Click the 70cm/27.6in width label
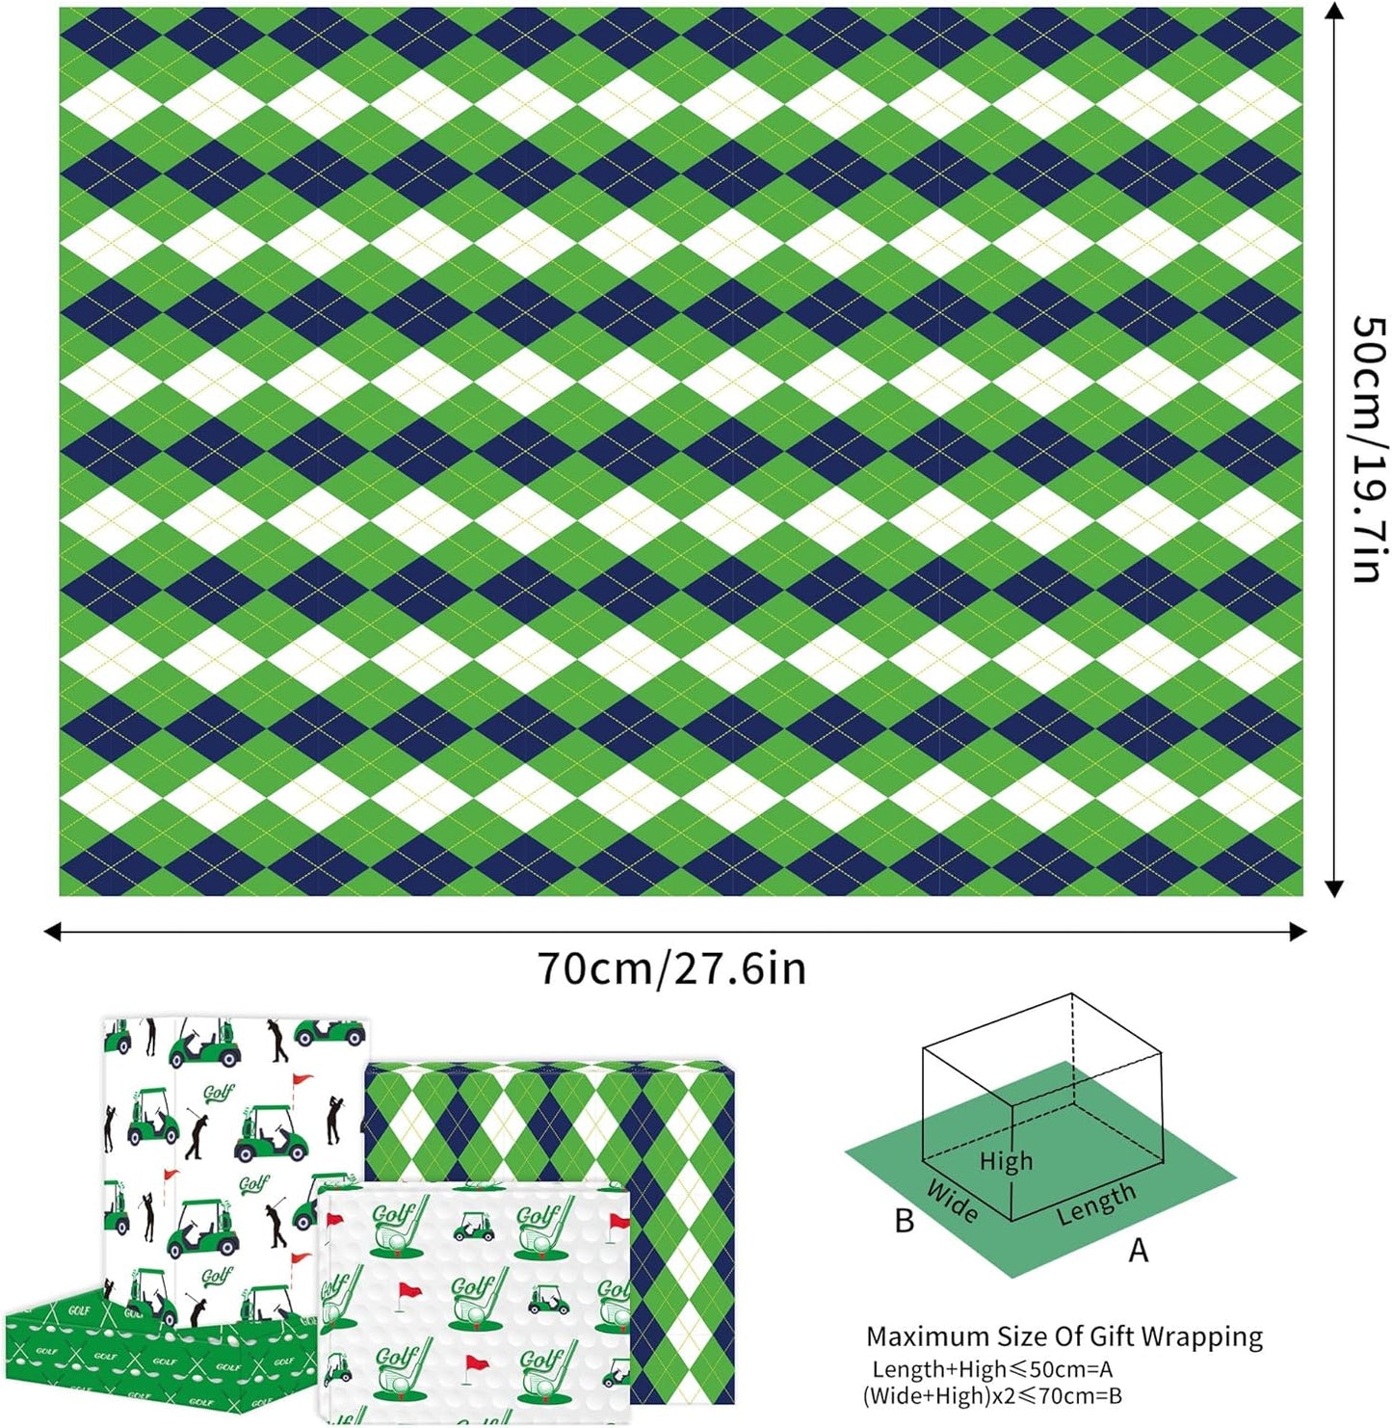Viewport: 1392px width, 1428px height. [671, 967]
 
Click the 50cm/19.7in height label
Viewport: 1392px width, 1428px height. [1367, 449]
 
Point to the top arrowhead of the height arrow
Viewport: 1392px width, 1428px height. [1334, 11]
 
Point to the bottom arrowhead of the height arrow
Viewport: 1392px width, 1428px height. [1334, 888]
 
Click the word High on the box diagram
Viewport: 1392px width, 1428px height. [1005, 1161]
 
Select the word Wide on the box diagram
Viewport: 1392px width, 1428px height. [952, 1201]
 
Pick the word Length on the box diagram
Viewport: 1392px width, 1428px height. [1095, 1204]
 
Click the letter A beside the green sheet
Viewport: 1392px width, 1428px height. [1139, 1251]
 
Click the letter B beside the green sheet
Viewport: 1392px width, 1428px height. [904, 1221]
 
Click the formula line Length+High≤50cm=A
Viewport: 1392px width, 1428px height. [992, 1369]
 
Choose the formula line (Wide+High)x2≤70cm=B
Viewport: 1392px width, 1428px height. [992, 1395]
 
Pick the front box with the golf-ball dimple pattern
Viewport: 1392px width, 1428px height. [472, 1301]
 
